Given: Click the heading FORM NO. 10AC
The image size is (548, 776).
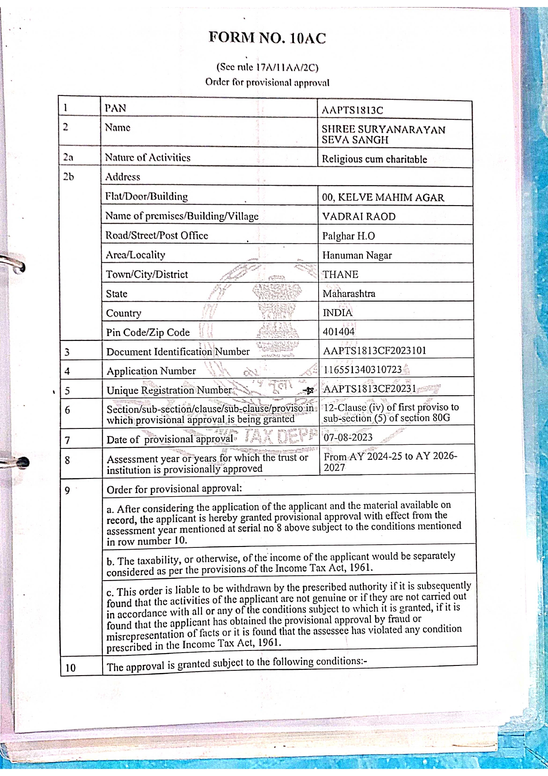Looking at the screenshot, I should (x=267, y=38).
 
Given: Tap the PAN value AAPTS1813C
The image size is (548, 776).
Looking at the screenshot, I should (x=352, y=110).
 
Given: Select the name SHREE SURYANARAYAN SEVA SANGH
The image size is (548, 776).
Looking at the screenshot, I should (x=383, y=134).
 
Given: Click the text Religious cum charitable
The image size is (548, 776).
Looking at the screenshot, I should (x=374, y=159).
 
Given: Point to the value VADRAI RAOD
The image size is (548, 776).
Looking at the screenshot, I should (x=358, y=217).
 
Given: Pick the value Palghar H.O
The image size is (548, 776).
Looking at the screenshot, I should (x=348, y=236).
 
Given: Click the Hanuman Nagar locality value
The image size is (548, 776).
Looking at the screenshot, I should (x=357, y=256).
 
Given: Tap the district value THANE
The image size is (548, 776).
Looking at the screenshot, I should (x=340, y=275).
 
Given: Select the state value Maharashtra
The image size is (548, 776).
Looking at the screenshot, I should (x=349, y=294).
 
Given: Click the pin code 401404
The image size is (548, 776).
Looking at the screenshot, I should (x=339, y=332).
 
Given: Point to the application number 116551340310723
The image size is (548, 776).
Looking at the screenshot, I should (x=362, y=370).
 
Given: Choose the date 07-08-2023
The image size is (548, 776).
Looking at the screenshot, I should (x=348, y=437).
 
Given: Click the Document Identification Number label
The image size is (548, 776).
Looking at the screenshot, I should (x=178, y=352).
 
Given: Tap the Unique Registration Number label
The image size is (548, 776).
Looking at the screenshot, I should (x=169, y=390).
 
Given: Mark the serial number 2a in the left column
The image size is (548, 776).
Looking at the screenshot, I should (x=68, y=157).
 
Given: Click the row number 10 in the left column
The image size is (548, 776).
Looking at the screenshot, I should (x=70, y=668).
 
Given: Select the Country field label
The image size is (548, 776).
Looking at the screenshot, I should (x=123, y=313).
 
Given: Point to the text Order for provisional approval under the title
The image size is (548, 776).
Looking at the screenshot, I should (x=267, y=83).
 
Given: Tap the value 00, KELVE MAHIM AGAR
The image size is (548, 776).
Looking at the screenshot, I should (x=383, y=198).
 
